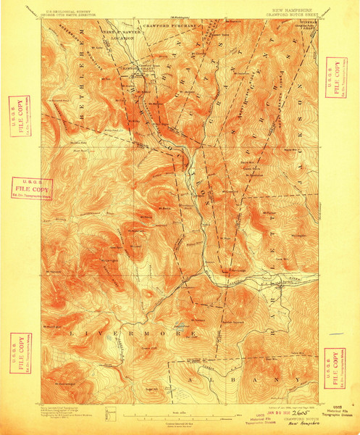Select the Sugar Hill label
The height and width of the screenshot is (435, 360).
coord(155,389)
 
